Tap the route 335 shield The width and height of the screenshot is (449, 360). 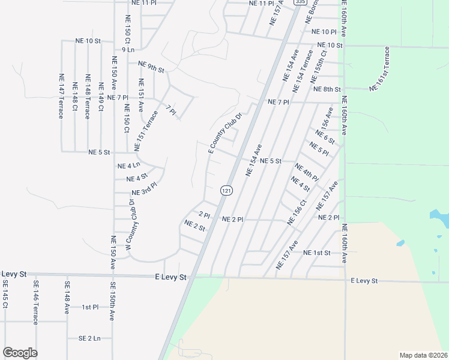[300, 3]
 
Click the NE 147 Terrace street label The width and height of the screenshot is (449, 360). [61, 95]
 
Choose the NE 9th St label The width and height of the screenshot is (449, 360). [151, 66]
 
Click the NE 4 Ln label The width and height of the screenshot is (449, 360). [128, 166]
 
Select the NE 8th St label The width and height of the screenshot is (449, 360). [327, 89]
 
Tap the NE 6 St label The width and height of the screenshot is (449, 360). [325, 137]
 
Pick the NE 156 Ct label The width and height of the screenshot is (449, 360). [297, 212]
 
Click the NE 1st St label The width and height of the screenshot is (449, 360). [317, 253]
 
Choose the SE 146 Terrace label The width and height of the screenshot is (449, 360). [36, 302]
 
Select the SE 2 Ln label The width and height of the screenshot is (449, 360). [89, 338]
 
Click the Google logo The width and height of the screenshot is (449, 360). [20, 353]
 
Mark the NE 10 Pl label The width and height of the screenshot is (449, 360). [321, 31]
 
